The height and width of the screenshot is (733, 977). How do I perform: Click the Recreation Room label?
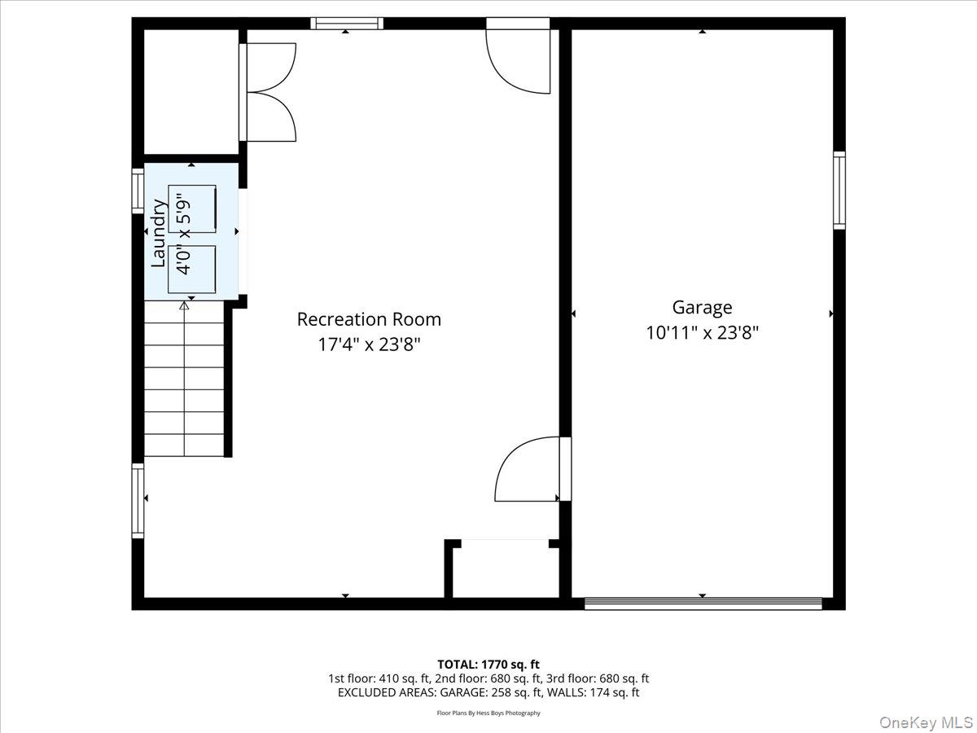[369, 319]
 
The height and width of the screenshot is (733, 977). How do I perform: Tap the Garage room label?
[702, 307]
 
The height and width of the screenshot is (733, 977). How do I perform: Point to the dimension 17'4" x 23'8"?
[369, 345]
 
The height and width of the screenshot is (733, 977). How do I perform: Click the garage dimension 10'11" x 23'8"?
[702, 332]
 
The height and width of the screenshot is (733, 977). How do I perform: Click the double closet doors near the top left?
[269, 92]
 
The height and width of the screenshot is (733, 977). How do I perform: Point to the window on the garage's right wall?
[839, 190]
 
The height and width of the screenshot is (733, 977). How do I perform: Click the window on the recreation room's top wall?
[346, 24]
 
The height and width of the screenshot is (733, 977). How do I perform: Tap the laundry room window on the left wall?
[138, 191]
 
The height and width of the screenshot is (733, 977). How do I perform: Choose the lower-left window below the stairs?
[138, 500]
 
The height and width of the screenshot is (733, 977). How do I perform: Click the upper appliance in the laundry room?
[193, 208]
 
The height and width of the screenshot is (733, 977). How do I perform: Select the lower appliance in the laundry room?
[192, 269]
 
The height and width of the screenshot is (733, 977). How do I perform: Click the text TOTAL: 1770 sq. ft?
[488, 665]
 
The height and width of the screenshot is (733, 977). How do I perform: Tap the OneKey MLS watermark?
[939, 722]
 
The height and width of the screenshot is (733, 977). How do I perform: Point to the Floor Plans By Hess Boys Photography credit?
[488, 713]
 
